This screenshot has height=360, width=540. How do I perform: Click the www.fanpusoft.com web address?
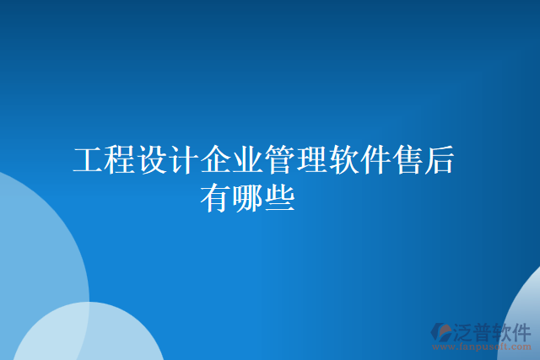coord(482,346)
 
